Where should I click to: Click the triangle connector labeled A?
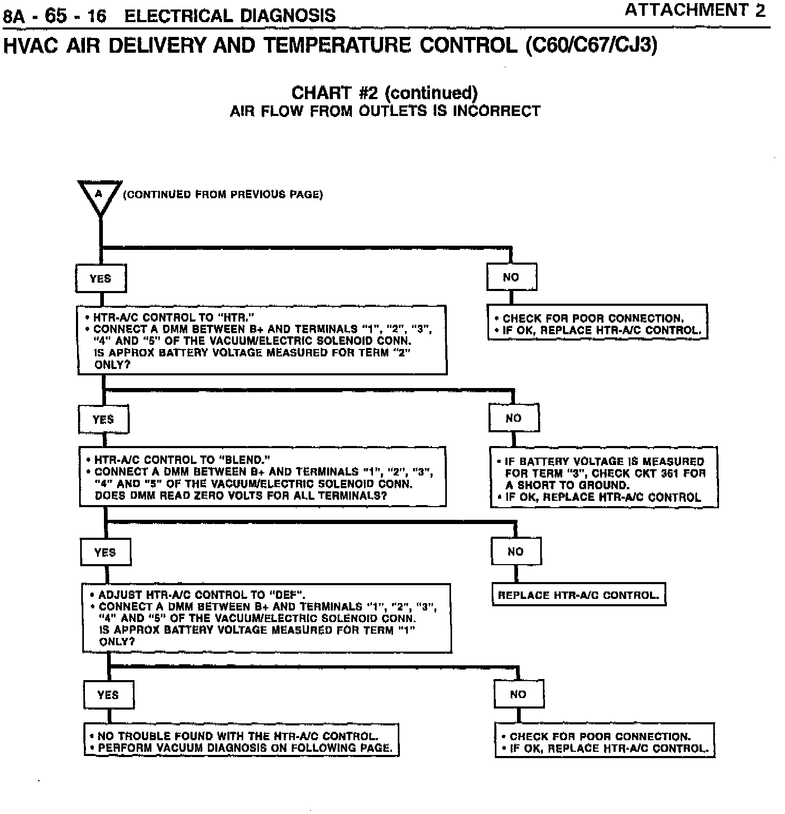pos(100,195)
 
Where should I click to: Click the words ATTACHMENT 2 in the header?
pos(694,11)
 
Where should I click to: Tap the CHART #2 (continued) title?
pos(385,93)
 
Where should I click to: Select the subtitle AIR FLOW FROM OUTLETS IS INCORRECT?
pos(385,111)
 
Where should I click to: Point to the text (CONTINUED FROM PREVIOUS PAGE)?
pos(223,195)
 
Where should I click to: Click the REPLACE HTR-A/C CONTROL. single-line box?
pos(579,595)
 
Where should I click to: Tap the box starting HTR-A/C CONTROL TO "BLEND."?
pos(263,477)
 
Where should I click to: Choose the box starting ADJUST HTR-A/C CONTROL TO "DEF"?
pos(267,618)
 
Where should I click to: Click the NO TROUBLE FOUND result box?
pos(241,741)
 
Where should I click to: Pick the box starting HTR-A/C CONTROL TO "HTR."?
pos(262,341)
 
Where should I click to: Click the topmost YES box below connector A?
pos(101,278)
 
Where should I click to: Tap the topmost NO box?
pos(511,277)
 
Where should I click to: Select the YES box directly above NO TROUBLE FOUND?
pos(108,695)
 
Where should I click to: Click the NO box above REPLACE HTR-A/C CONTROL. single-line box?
pos(515,551)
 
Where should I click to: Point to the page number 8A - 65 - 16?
pos(55,16)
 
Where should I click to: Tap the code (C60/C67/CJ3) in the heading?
pos(591,45)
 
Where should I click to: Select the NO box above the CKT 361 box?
pos(514,419)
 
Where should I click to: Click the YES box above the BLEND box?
pos(103,420)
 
